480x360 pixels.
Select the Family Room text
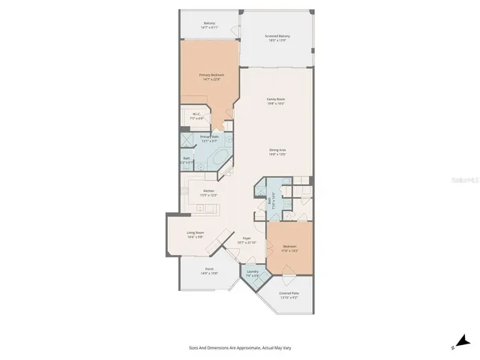point(277,99)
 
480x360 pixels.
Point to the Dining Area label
point(278,149)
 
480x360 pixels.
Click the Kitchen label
point(208,190)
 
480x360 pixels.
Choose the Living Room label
point(196,232)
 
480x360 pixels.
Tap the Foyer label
point(246,238)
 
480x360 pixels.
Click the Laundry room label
point(253,272)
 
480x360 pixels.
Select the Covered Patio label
point(289,293)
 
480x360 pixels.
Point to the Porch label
point(208,269)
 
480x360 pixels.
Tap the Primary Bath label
point(209,136)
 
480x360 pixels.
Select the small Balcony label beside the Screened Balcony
point(209,22)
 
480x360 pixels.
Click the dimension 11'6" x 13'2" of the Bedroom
point(289,250)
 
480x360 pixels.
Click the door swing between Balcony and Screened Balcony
point(234,29)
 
